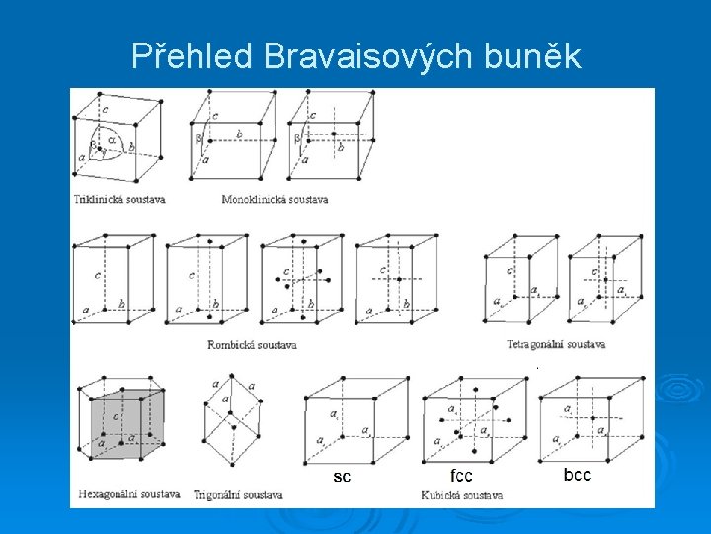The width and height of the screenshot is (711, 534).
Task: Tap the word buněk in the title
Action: [533, 58]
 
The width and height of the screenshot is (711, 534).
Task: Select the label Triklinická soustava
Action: [119, 199]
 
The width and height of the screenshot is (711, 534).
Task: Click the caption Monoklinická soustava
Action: [275, 199]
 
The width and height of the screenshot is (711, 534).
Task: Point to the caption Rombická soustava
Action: [252, 345]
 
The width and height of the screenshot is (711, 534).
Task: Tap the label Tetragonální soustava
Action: [557, 344]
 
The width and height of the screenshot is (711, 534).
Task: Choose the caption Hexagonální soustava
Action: [129, 492]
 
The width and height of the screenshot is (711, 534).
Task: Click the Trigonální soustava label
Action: [238, 493]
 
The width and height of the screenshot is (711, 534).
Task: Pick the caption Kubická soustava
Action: [462, 493]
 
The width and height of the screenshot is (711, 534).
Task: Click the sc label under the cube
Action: [342, 477]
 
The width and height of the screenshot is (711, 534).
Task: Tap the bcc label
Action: [577, 475]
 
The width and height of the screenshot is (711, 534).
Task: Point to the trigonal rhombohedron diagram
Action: [233, 420]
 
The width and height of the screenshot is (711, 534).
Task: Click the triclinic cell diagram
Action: [117, 138]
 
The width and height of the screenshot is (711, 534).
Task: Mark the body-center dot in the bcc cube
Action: [593, 418]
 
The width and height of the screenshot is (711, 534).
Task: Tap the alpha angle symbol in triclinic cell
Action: [112, 140]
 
